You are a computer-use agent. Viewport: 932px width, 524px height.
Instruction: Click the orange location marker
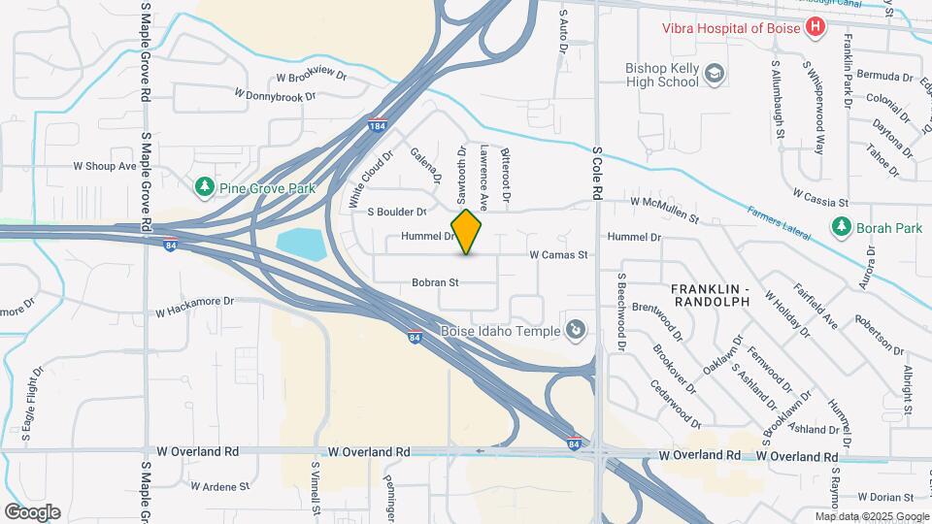coord(467,232)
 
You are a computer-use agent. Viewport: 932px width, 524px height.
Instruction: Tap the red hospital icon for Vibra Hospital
coord(815,27)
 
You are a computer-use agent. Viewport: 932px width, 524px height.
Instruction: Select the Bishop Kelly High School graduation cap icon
coord(715,74)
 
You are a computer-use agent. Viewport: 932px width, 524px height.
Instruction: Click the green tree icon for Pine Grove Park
coord(204,186)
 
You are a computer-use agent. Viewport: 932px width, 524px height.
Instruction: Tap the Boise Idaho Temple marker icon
coord(576,331)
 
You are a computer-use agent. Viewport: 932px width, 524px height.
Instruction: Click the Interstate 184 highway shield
coord(379,126)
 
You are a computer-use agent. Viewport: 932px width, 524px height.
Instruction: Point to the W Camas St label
coord(559,255)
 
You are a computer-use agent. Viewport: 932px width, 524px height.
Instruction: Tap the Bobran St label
coord(435,282)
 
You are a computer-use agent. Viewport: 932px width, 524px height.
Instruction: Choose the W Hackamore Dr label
coord(195,307)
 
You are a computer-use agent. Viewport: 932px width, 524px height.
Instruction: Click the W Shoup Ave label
coord(105,166)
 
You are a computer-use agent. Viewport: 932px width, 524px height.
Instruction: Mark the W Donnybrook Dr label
coord(276,95)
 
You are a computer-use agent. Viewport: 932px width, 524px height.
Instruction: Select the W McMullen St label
coord(665,202)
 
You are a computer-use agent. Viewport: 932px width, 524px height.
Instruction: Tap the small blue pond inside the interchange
coord(302,245)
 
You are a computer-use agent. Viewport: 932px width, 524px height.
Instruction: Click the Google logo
coord(32,512)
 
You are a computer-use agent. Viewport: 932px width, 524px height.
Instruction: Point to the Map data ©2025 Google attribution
coord(872,516)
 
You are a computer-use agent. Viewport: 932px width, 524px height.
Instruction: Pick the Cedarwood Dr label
coord(678,399)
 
